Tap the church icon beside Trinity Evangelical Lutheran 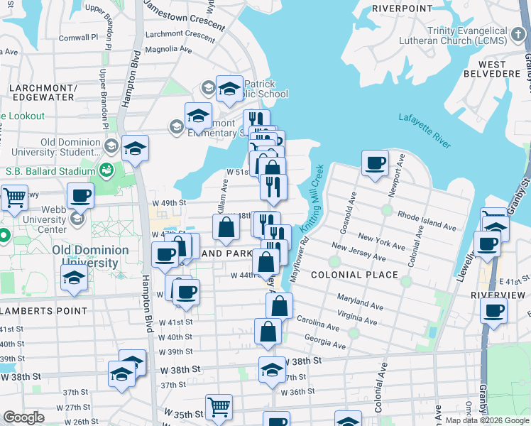click(517, 33)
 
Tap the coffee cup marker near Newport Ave click(375, 163)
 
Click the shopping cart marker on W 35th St click(219, 407)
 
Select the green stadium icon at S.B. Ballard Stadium click(106, 170)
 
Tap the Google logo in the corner click(23, 417)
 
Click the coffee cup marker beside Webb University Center click(80, 195)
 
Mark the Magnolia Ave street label click(168, 50)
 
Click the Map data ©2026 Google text click(487, 420)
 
